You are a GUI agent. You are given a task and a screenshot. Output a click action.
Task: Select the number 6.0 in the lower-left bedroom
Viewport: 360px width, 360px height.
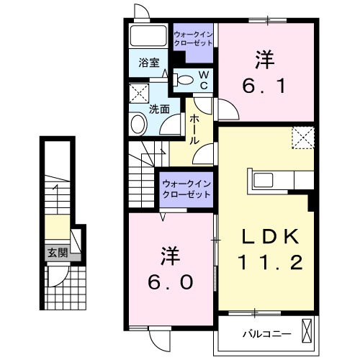pos(170,282)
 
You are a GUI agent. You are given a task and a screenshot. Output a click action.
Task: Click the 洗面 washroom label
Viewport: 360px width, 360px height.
pos(159,109)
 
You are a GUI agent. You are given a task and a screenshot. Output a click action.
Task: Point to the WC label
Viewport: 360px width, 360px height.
pos(204,79)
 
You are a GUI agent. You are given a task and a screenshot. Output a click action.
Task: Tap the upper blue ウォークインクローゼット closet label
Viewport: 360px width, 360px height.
pos(193,38)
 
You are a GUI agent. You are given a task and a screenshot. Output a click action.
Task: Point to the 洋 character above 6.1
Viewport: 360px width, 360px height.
pos(264,58)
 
